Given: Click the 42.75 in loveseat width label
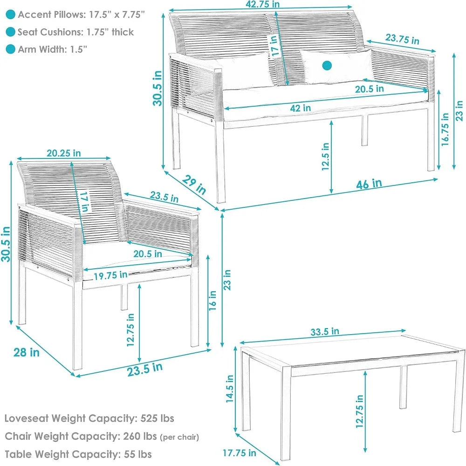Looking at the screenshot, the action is point(263,4).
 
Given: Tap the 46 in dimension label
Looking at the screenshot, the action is point(369,184).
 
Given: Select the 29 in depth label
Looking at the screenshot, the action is point(194,185).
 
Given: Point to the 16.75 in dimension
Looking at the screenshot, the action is point(445,129).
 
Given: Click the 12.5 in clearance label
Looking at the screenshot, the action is point(325,157).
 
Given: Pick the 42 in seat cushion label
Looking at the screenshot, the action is point(301,108).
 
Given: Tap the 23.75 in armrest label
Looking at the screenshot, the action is point(403,39).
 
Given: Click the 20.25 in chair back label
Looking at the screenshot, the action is point(63,153).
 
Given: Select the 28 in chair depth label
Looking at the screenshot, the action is point(27,352).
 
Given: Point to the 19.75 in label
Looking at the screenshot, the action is point(110,275).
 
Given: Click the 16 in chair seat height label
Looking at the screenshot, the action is point(212,301).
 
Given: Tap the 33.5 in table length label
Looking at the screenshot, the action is point(325,331).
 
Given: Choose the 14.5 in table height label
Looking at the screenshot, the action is point(230,389).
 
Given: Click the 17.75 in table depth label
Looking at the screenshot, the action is point(240,453).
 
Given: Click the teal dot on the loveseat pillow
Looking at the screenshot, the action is point(327,66).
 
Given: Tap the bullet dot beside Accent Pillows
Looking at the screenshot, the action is point(10,14).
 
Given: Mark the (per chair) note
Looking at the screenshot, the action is point(179,437).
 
